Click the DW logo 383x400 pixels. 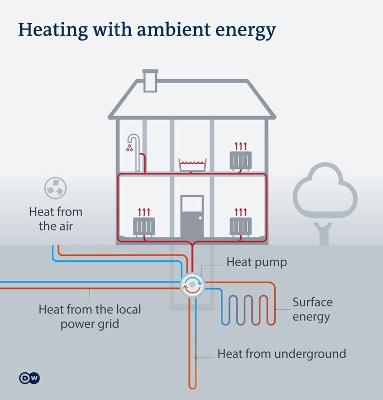click(x=29, y=378)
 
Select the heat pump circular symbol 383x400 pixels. click(x=193, y=284)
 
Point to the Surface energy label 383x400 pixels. click(x=312, y=309)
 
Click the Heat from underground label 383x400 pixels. click(x=282, y=354)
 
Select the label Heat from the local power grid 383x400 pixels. click(x=90, y=316)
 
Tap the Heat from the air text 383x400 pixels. click(x=55, y=219)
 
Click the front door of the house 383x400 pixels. click(x=192, y=218)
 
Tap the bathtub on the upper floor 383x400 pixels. click(x=193, y=165)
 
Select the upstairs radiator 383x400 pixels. click(x=241, y=159)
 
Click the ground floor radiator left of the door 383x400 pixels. click(x=144, y=226)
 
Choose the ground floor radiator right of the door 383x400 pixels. click(x=241, y=226)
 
